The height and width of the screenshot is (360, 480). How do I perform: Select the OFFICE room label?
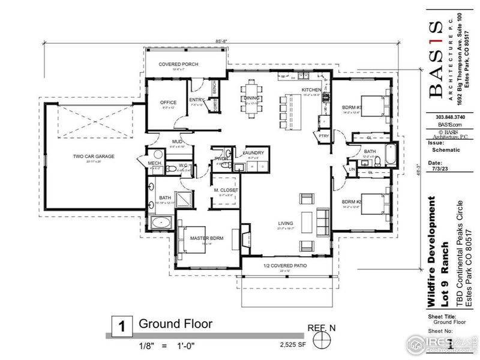click(x=169, y=103)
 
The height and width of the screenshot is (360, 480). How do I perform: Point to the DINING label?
click(x=252, y=98)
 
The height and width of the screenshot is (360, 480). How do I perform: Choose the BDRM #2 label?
click(x=350, y=202)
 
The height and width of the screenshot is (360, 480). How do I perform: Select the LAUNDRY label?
click(x=253, y=153)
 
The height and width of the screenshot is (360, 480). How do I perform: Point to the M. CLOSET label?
click(x=226, y=190)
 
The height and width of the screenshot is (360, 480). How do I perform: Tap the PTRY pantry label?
click(x=325, y=136)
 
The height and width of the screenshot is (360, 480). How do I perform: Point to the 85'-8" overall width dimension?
click(x=223, y=41)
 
